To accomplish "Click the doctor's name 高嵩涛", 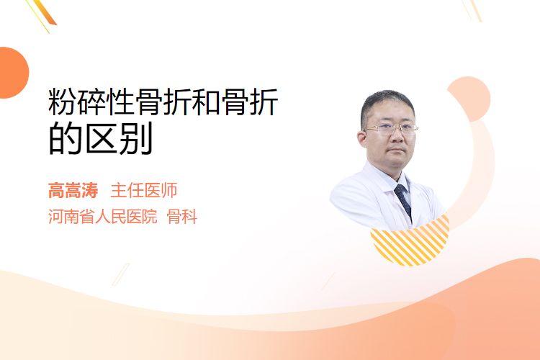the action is pos(73,190).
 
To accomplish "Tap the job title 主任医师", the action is pos(143,190).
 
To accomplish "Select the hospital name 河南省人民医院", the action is pos(103,217).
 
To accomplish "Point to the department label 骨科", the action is pos(182,217).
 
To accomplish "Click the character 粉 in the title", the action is pos(63,102).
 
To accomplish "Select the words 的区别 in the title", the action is pos(101,139).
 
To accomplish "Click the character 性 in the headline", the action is pos(120,102).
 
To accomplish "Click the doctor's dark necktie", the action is pos(403,201).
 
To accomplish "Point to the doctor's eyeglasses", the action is pos(391,130).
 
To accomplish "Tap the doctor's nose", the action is pos(397,137).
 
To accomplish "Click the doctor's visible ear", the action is pos(362,138).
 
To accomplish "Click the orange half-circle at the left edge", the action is pos(13,73).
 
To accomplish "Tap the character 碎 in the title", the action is pos(91,102).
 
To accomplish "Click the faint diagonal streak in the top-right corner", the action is pos(472,10).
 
